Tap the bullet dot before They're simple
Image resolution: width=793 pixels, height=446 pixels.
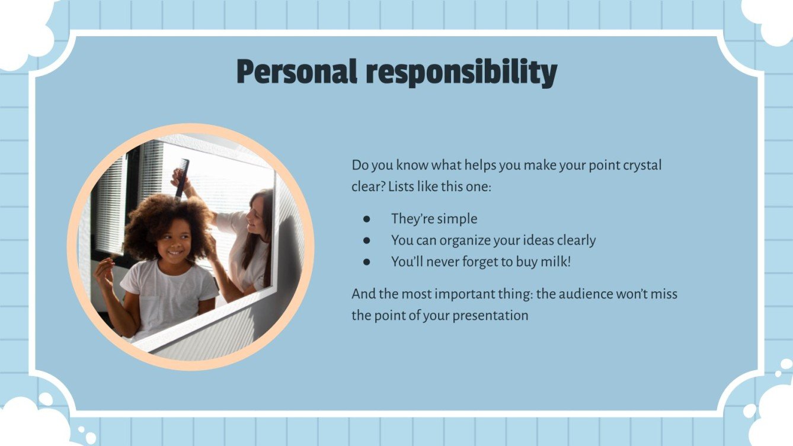tap(367, 219)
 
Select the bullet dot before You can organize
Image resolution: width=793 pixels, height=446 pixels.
tap(367, 240)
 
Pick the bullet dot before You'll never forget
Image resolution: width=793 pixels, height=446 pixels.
tap(367, 262)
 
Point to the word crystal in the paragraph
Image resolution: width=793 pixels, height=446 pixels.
tap(642, 165)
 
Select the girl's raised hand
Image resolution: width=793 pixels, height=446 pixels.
tap(104, 272)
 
